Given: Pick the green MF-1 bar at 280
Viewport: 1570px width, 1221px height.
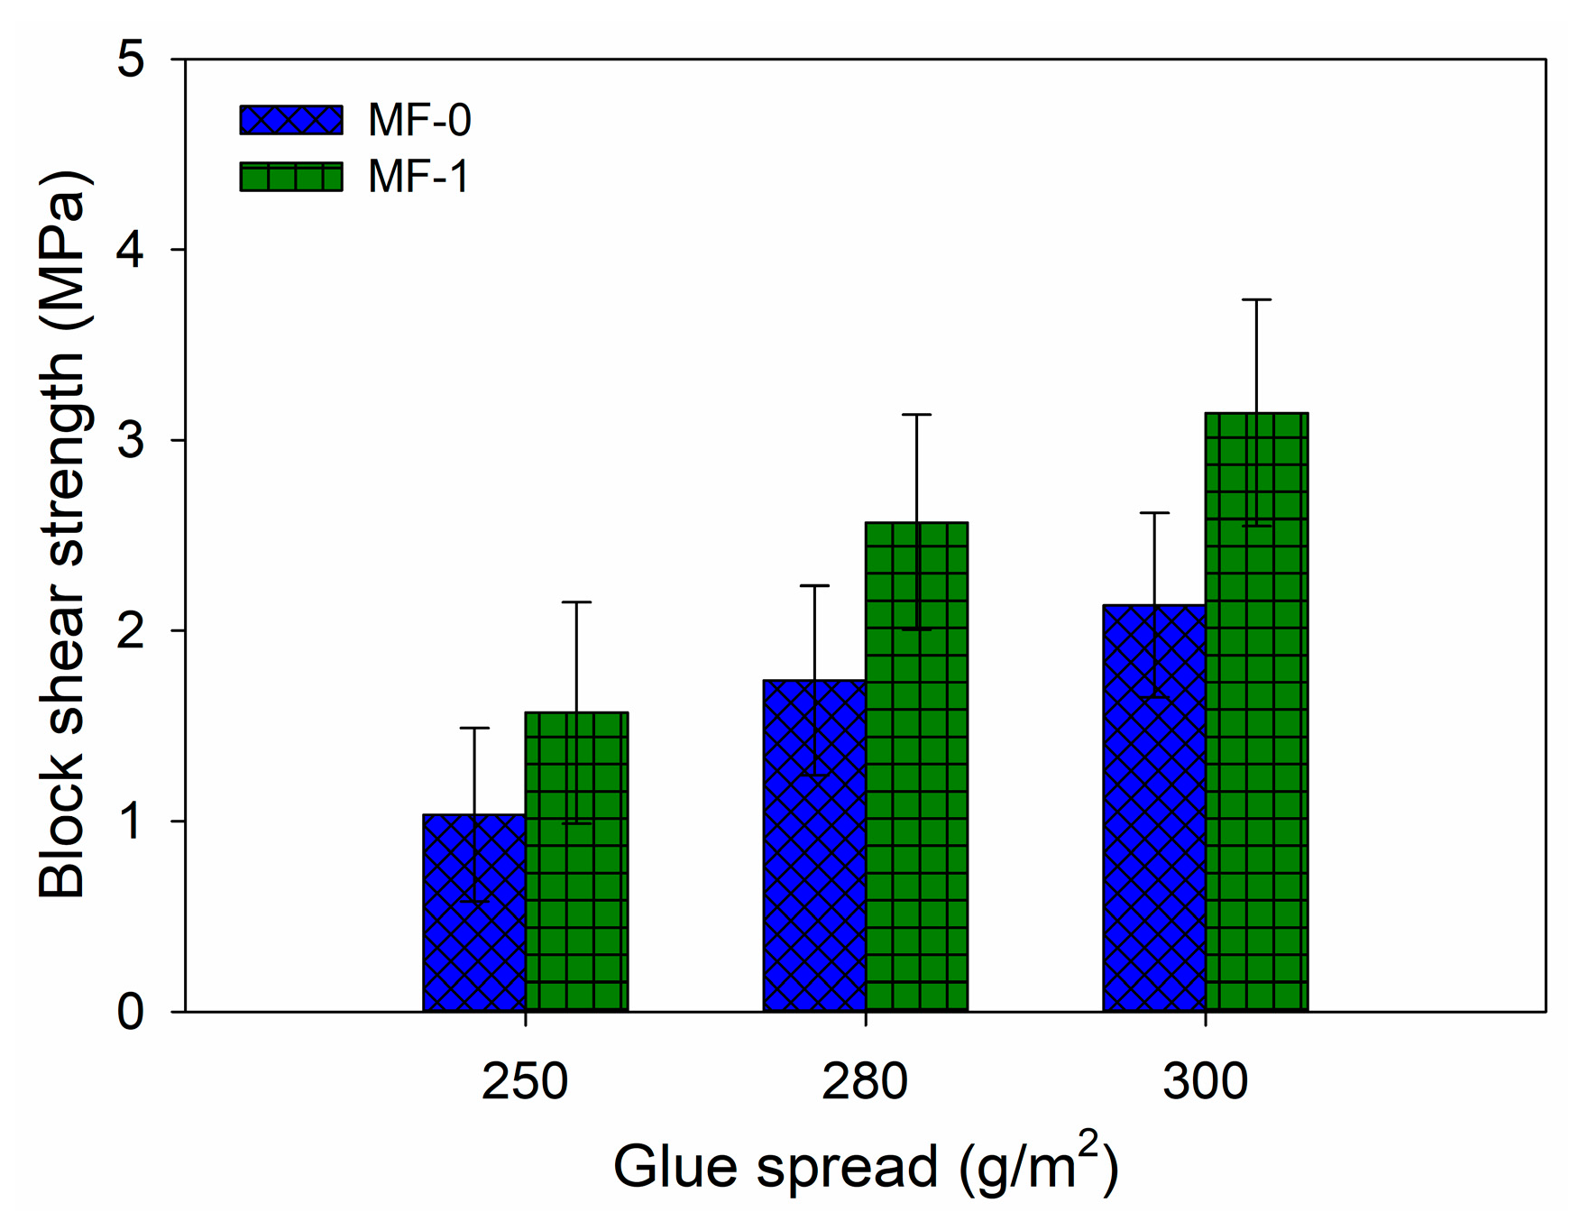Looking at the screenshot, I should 916,767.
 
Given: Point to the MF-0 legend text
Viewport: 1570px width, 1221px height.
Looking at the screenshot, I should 419,120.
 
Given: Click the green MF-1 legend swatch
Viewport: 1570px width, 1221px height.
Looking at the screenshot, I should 291,177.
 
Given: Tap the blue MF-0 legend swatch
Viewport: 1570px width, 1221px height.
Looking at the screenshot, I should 291,120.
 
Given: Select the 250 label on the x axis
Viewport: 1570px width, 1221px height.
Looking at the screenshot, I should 525,1081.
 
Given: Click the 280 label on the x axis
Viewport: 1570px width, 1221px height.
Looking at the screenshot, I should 865,1081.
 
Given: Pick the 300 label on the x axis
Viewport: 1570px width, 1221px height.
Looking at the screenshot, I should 1205,1081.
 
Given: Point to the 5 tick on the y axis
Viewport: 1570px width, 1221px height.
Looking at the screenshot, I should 131,60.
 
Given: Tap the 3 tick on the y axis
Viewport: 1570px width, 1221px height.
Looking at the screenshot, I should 131,440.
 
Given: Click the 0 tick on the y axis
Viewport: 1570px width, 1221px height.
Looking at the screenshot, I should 131,1012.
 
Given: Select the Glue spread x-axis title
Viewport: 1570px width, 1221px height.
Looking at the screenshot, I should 865,1165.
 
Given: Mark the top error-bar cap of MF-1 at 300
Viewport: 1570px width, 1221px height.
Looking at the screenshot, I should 1256,299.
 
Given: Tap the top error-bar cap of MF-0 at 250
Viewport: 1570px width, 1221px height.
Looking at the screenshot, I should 474,728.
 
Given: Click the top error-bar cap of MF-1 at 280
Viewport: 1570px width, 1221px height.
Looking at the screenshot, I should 916,415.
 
